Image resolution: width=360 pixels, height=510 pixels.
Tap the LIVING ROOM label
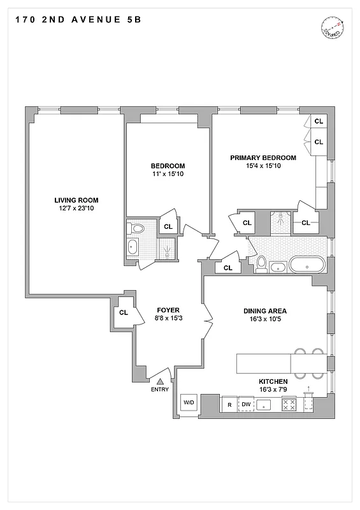(75, 200)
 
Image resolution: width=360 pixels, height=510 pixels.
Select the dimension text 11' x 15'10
(168, 174)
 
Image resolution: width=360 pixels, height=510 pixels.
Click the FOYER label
(168, 310)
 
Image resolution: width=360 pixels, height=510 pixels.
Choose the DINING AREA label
(264, 311)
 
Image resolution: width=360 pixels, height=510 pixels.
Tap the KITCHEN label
(264, 381)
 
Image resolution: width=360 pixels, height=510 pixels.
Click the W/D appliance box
(189, 403)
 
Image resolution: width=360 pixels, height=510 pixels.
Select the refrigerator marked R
(228, 404)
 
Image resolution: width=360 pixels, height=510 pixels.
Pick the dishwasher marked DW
(247, 404)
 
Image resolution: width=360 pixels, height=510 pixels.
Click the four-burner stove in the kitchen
(289, 404)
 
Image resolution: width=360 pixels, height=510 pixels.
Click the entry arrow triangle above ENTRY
(161, 380)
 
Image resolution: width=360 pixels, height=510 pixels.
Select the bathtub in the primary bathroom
(306, 264)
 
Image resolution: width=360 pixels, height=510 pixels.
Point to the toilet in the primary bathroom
(261, 263)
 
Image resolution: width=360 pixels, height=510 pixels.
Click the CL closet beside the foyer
(123, 312)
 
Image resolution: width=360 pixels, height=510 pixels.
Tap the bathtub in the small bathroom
(134, 247)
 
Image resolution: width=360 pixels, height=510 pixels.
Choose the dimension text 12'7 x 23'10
(75, 208)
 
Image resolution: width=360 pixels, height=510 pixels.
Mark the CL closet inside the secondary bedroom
(168, 226)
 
